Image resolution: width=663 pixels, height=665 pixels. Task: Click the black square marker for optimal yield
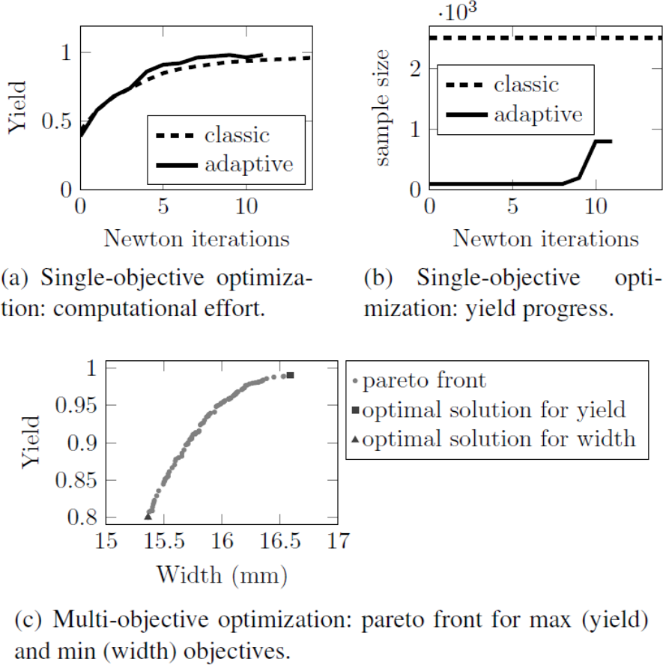tap(290, 375)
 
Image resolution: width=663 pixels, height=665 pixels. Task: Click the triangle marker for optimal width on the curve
tap(148, 515)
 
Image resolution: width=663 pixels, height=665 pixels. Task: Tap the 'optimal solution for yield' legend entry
tap(493, 410)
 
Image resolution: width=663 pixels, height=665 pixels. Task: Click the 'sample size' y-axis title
tap(384, 106)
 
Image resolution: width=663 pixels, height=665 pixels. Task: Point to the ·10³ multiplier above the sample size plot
tap(458, 13)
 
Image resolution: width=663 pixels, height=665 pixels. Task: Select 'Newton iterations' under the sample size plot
tap(545, 238)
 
